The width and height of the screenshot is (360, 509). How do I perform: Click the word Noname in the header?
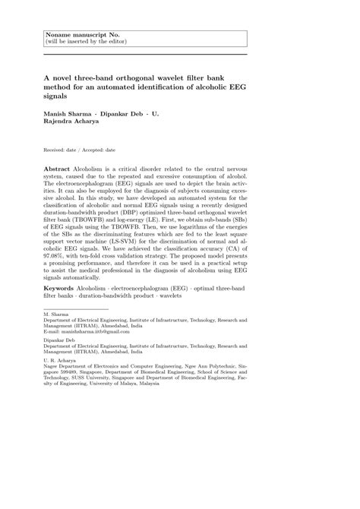tap(64, 34)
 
